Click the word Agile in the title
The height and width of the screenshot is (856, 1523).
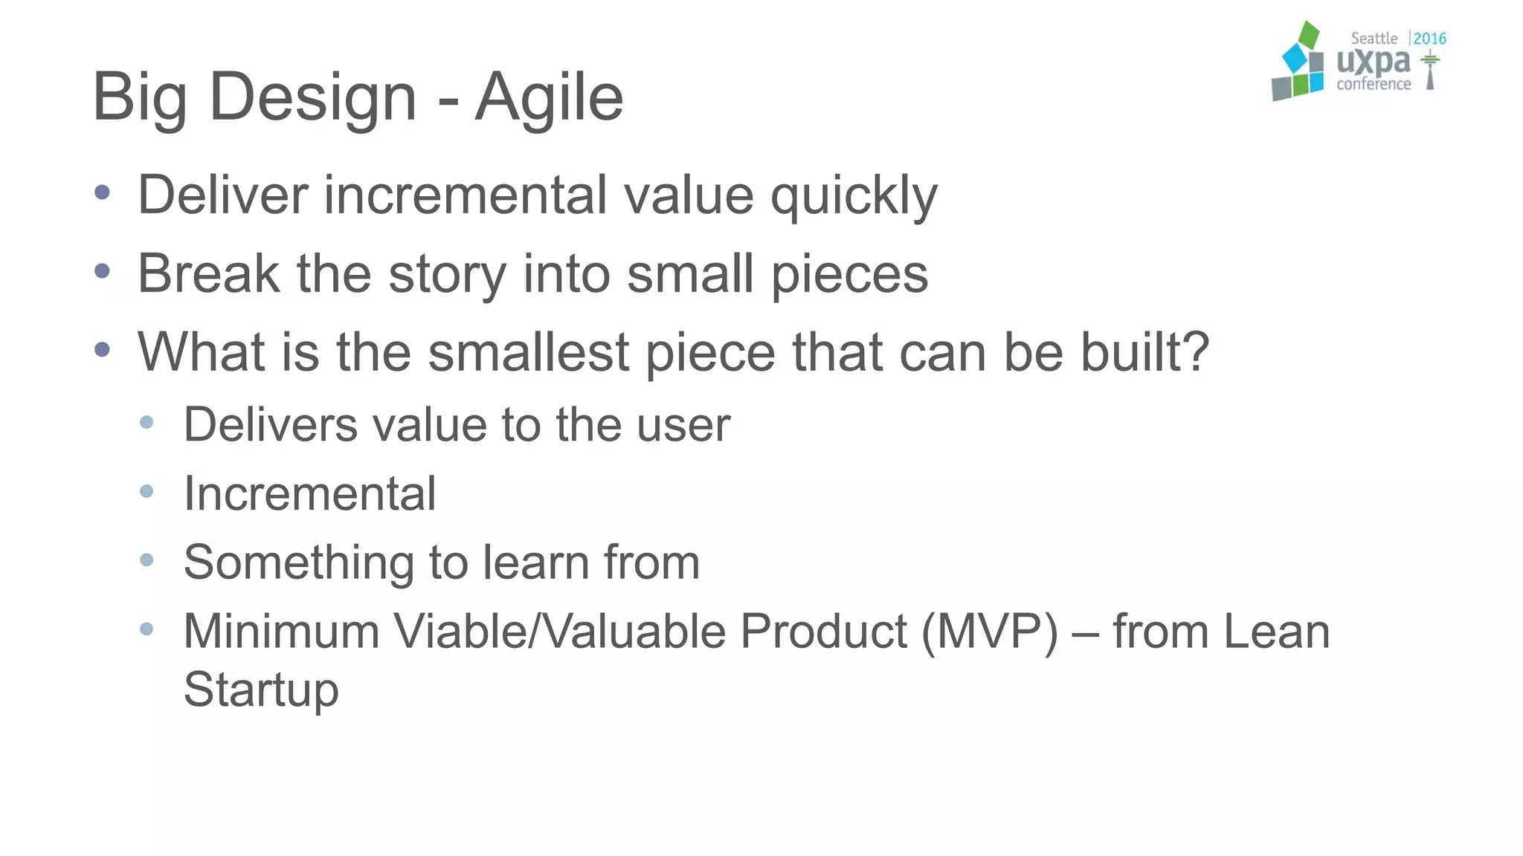[x=549, y=97]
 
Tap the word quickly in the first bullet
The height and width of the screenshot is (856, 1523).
[x=854, y=196]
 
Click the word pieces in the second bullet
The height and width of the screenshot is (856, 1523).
[x=849, y=275]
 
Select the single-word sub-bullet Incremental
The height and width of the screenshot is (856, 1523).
[x=309, y=493]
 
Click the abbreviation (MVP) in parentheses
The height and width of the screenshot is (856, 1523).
[x=990, y=632]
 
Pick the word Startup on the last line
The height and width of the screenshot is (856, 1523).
[x=261, y=690]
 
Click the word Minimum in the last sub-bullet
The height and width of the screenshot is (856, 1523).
[x=281, y=632]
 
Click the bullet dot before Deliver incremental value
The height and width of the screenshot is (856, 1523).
[x=103, y=193]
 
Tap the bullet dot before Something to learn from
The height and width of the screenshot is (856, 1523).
[x=146, y=560]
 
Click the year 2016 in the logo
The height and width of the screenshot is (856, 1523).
[x=1429, y=39]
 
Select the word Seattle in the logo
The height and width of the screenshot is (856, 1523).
[x=1374, y=39]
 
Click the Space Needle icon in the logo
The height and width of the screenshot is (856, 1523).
[x=1430, y=71]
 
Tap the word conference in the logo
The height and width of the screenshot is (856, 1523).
[x=1373, y=85]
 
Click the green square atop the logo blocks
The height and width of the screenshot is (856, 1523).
[x=1308, y=35]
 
